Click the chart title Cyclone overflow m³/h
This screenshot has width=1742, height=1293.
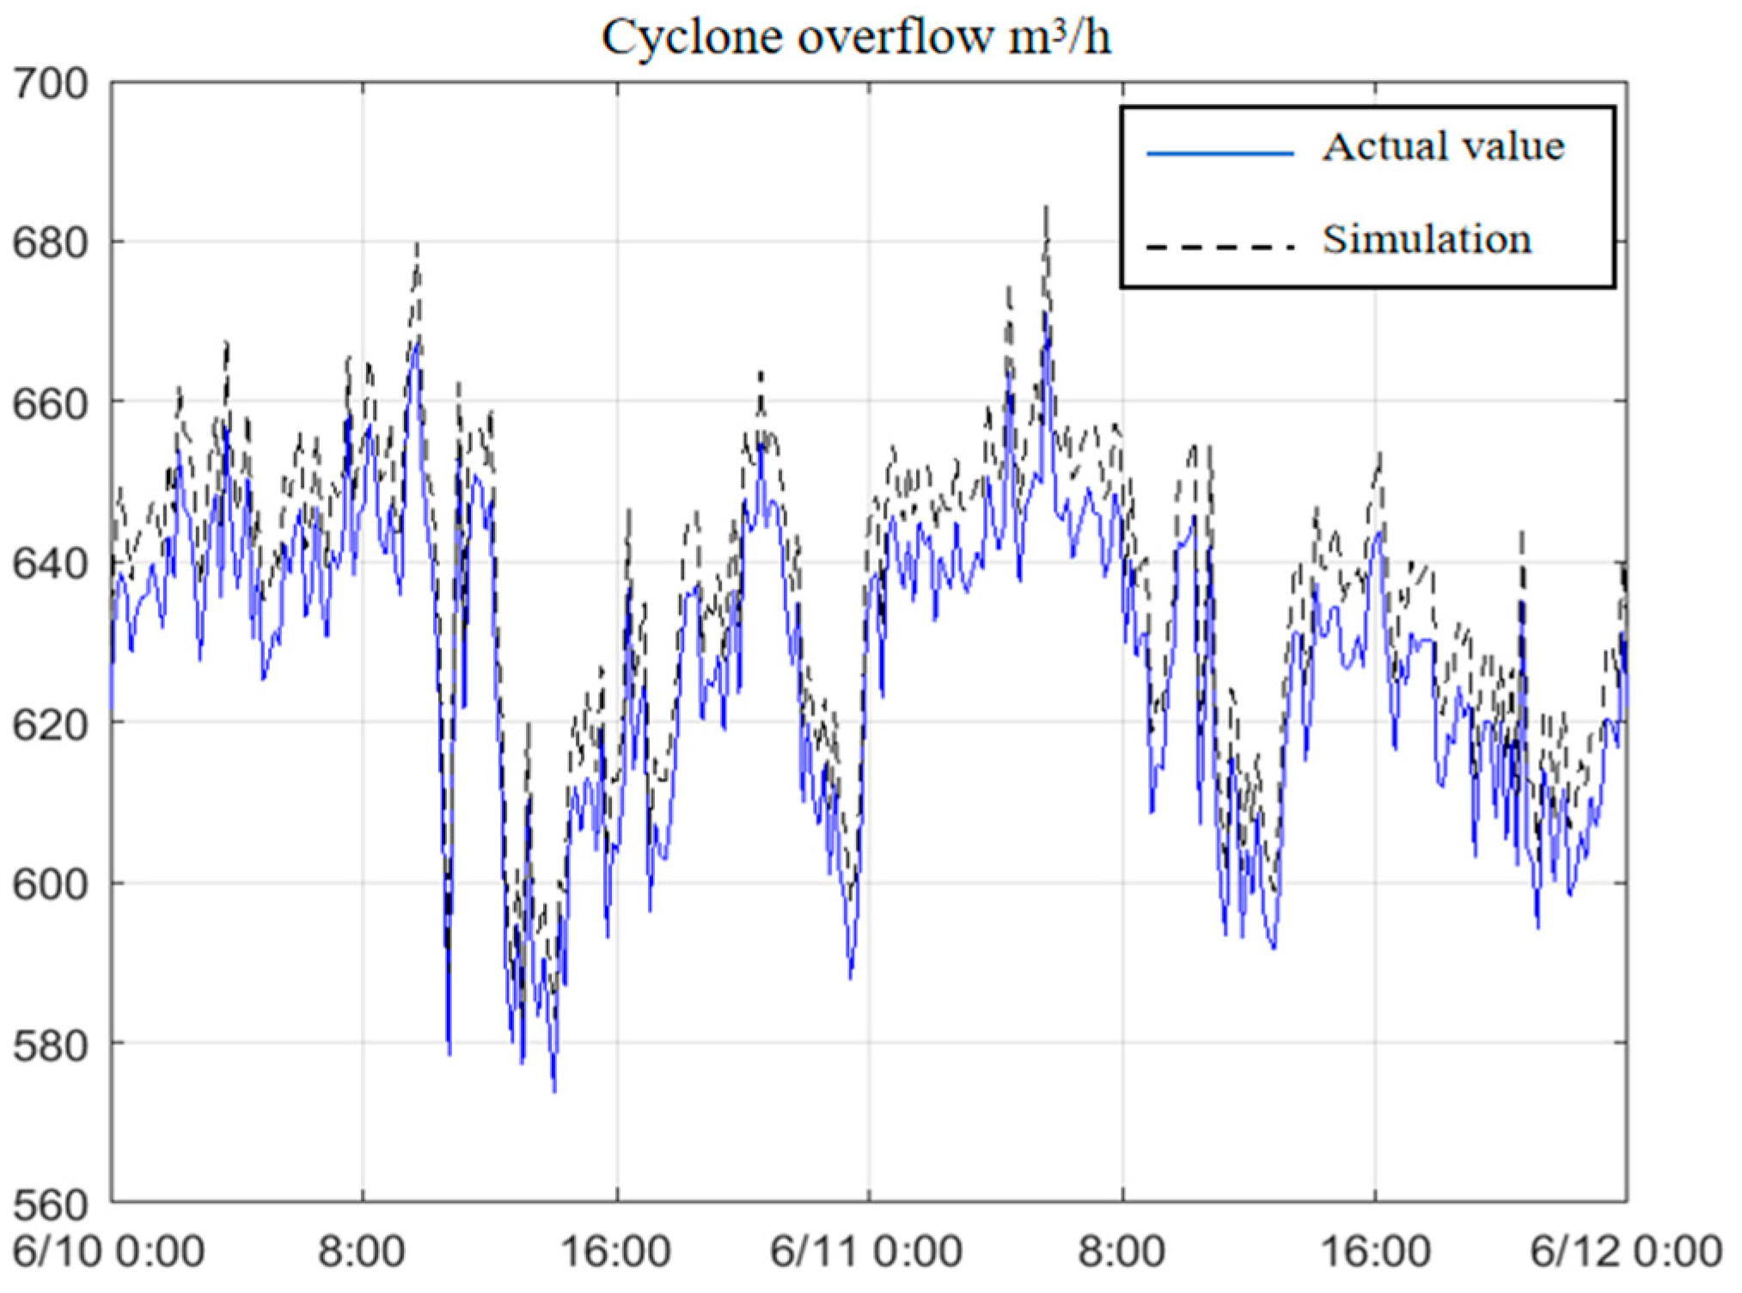tap(856, 38)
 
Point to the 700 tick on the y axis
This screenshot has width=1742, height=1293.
tap(52, 84)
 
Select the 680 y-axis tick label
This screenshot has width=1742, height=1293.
tap(52, 243)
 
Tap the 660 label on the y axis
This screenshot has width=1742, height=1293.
tap(52, 403)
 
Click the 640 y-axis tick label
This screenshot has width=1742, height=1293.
tap(52, 563)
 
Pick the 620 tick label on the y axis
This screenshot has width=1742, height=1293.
tap(52, 723)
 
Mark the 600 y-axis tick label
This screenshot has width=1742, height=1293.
tap(52, 883)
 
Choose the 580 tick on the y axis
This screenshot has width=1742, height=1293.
tap(52, 1043)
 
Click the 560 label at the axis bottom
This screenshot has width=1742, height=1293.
tap(52, 1203)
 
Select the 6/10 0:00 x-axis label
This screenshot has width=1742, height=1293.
tap(109, 1251)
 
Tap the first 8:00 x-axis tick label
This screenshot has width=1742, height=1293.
tap(362, 1251)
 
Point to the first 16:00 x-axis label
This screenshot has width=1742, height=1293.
tap(615, 1251)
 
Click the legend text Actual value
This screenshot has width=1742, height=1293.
tap(1443, 147)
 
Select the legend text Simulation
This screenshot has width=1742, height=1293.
tap(1427, 239)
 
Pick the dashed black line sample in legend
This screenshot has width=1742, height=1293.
tap(1219, 247)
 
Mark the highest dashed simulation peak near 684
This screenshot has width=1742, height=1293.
tap(1046, 209)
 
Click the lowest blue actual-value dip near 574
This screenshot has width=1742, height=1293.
tap(554, 1091)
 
